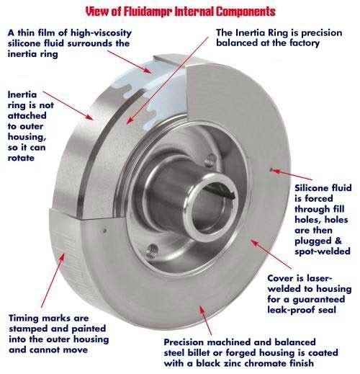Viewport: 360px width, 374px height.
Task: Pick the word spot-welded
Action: (x=323, y=251)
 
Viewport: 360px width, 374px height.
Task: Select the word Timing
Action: (x=25, y=318)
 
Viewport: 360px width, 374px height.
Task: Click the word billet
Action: (x=200, y=353)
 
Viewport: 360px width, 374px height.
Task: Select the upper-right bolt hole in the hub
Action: (x=208, y=161)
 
